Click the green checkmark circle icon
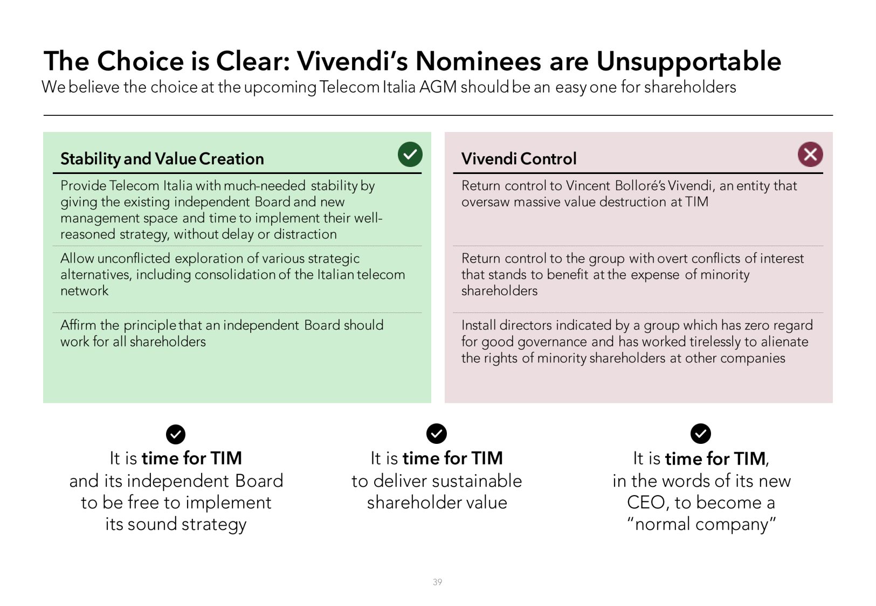click(x=410, y=155)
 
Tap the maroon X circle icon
click(x=810, y=155)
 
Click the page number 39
click(x=437, y=582)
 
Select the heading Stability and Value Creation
click(x=162, y=158)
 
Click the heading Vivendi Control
click(x=519, y=158)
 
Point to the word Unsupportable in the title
click(x=689, y=61)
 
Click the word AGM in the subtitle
click(x=438, y=87)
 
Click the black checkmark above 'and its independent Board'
click(x=176, y=434)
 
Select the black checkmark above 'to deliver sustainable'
click(x=437, y=433)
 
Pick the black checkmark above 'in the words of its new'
click(x=700, y=433)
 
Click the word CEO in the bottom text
click(x=645, y=503)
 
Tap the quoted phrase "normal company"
click(x=701, y=524)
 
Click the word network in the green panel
click(x=84, y=291)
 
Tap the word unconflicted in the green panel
click(x=134, y=258)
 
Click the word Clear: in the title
click(x=253, y=61)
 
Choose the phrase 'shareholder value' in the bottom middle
click(x=437, y=503)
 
